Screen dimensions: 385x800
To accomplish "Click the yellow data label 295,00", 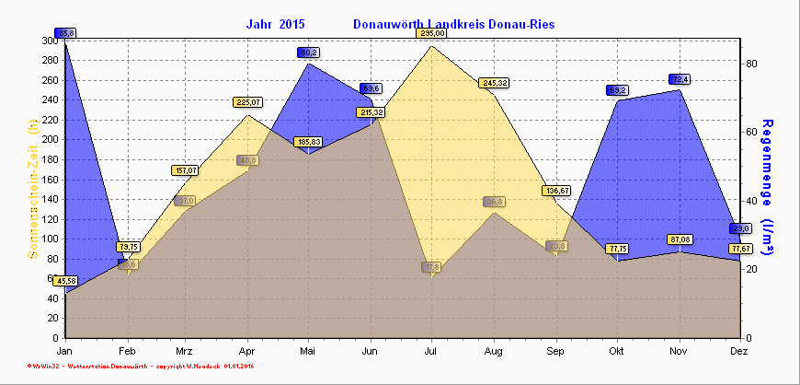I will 431,33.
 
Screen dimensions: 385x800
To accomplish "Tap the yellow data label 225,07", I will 247,102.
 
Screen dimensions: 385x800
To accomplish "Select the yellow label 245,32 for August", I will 494,83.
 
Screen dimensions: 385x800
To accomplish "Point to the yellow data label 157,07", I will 186,170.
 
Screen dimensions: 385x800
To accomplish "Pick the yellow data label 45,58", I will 64,281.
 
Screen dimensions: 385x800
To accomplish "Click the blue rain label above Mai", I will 308,52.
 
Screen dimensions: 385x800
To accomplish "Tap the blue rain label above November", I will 679,79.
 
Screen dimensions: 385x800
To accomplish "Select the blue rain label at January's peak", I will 65,33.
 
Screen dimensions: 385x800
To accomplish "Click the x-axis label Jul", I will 431,352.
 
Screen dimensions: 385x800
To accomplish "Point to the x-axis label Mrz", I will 185,352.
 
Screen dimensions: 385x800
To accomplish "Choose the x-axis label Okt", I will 616,352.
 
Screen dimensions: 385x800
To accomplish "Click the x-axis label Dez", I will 739,352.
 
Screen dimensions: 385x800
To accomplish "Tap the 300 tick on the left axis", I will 47,41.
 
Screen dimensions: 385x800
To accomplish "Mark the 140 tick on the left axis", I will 47,199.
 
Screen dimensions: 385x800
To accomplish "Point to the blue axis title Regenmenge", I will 770,187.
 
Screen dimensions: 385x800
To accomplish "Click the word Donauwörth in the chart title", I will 391,24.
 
